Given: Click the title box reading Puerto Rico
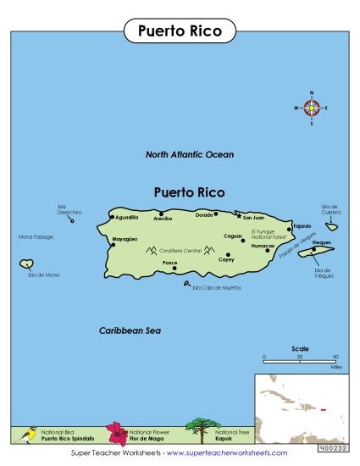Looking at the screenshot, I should [180, 31].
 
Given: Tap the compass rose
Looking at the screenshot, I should [312, 108].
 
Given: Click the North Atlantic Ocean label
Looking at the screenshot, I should [190, 155].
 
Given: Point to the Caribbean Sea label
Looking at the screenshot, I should [130, 330].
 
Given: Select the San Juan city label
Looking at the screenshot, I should [253, 218].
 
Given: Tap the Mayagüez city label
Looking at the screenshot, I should [125, 241].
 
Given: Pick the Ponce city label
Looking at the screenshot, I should [169, 263].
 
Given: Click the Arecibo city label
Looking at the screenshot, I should [163, 219].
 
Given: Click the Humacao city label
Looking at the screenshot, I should [263, 246].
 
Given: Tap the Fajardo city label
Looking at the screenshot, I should [302, 226].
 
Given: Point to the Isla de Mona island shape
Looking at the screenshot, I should [26, 264].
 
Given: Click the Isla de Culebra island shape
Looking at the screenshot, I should [332, 225].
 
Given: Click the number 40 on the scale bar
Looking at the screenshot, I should [335, 357].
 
